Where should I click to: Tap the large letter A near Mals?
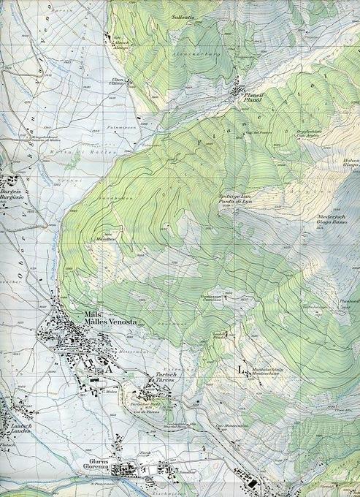click(x=109, y=370)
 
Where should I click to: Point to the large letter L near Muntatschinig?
click(x=242, y=370)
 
